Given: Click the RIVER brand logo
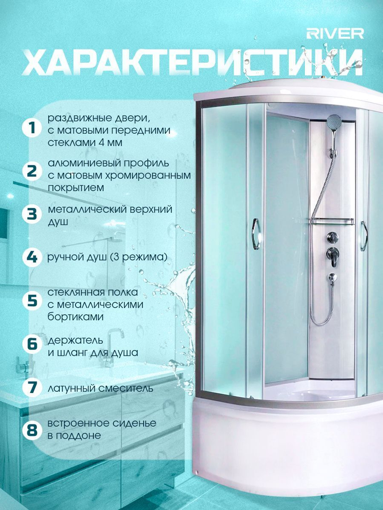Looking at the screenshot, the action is (335, 34).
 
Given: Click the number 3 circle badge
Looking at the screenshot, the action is (32, 214).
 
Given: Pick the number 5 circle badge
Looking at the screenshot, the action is (32, 300).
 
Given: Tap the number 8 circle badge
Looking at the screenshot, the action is (32, 430).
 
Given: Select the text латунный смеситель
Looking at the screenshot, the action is (100, 388).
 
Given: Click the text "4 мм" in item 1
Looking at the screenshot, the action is (110, 142).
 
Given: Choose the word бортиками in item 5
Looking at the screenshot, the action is (75, 317).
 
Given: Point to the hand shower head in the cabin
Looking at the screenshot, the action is (334, 121).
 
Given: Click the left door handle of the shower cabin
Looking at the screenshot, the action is (256, 234).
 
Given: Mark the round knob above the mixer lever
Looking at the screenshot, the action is (332, 237).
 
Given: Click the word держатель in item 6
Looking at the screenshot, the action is (75, 341).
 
